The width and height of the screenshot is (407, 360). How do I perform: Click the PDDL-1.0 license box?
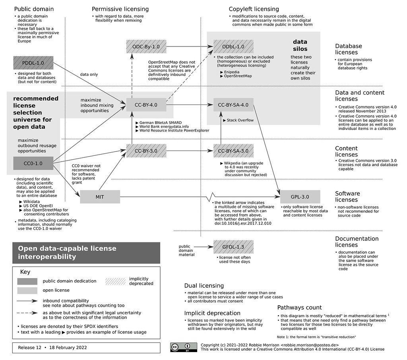[33, 62]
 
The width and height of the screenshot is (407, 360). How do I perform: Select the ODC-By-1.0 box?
[146, 46]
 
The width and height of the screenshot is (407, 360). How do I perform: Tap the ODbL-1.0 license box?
[234, 46]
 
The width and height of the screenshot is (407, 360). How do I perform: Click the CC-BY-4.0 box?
[146, 105]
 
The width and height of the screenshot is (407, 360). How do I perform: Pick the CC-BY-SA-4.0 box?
[233, 105]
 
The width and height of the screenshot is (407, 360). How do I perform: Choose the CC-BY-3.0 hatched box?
[146, 151]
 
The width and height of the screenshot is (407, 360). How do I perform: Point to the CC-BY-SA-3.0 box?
[233, 151]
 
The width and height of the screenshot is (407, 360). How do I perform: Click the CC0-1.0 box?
[33, 163]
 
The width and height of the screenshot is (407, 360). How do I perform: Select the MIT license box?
[100, 197]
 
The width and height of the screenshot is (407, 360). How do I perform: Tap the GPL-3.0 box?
[300, 197]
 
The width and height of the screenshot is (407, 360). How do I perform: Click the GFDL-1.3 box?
[233, 247]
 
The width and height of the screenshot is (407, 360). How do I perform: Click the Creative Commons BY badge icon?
[184, 347]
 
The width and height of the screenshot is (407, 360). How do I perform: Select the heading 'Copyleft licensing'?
[254, 9]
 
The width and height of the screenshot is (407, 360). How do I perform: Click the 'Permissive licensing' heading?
[120, 9]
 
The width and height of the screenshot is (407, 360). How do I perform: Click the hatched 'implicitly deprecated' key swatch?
[115, 281]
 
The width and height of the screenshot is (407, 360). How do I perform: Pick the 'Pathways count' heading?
[299, 307]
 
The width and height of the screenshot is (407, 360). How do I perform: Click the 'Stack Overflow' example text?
[240, 120]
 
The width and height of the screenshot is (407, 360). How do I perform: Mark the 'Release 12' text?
[30, 347]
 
